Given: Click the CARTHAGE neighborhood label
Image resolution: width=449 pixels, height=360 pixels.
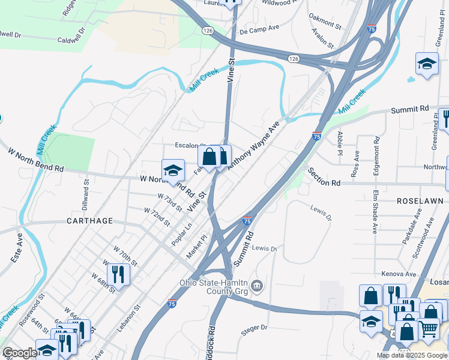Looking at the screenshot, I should (x=86, y=221).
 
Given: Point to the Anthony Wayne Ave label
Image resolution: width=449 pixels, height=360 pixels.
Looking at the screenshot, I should (x=254, y=146).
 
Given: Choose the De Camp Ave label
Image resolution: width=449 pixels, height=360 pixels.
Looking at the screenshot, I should (x=259, y=29).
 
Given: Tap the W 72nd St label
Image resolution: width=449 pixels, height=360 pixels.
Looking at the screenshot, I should (x=157, y=214).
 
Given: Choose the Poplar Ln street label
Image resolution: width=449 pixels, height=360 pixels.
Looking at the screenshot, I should (x=182, y=234).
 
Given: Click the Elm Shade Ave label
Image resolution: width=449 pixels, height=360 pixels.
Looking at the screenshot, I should (x=375, y=211).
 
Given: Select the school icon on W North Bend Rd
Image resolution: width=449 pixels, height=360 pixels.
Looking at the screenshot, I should (x=173, y=170).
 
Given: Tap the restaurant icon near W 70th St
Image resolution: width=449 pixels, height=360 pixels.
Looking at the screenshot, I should (x=118, y=275).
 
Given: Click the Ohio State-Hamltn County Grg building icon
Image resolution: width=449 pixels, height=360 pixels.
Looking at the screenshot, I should (x=258, y=284).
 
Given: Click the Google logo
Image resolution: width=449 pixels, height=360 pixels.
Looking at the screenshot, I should (x=20, y=353).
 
